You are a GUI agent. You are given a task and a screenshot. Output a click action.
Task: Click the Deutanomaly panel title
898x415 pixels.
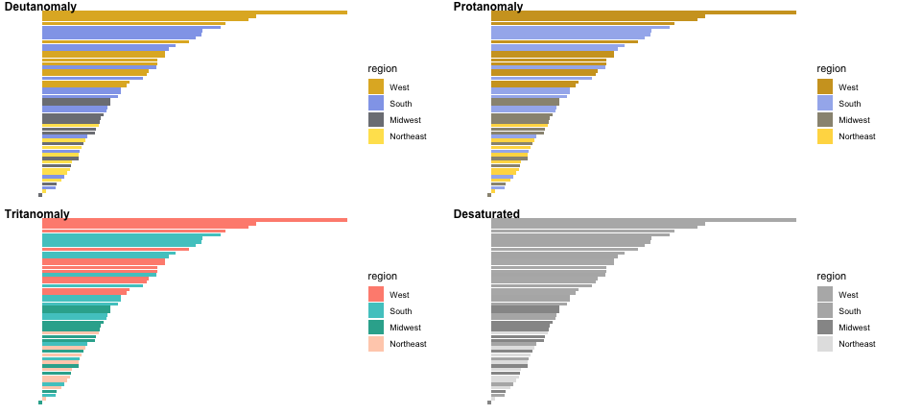pos(40,7)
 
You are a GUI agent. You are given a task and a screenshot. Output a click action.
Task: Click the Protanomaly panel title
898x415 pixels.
pos(488,7)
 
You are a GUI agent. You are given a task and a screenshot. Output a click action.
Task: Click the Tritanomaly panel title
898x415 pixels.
pos(37,214)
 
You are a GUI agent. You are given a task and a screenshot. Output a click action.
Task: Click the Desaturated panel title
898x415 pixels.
pos(486,214)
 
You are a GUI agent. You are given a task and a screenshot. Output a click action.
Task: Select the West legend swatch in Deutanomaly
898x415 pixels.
pos(376,87)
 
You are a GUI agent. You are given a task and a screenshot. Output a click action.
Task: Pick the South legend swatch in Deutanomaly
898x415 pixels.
pos(376,104)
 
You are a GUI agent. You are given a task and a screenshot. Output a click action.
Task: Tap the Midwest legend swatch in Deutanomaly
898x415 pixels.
pos(376,120)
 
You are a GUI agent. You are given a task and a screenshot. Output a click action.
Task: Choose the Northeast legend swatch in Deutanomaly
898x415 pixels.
pos(376,136)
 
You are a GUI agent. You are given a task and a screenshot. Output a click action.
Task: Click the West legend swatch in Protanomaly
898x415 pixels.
pos(825,87)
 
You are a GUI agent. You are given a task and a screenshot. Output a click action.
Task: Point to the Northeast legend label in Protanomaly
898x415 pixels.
pos(857,136)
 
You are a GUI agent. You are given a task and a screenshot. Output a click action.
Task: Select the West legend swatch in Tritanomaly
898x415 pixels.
pos(376,295)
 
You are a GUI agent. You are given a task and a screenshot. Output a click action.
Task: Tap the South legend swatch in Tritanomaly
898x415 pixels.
pos(376,311)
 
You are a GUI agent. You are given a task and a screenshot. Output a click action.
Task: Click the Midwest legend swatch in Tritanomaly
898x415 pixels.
pos(376,328)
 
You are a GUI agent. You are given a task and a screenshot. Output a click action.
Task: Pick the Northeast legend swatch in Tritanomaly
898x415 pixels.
pos(376,344)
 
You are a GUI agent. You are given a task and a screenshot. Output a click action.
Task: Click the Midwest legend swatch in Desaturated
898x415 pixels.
pos(825,328)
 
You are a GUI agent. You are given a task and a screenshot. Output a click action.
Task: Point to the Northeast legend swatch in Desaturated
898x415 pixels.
pos(825,344)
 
